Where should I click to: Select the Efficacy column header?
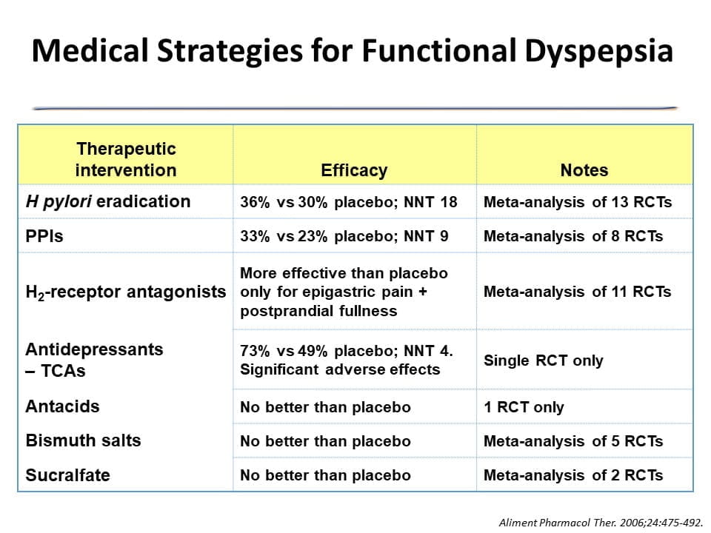[x=354, y=170]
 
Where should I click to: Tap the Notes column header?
[x=584, y=170]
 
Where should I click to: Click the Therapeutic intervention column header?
[x=126, y=159]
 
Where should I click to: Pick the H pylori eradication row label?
[x=108, y=201]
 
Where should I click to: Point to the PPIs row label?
[x=44, y=236]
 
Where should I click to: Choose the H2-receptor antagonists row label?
[x=126, y=292]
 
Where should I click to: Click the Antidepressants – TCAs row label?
[x=94, y=359]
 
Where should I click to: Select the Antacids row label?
[x=62, y=406]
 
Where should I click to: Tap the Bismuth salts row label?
[x=83, y=440]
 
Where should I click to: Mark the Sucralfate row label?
[x=67, y=475]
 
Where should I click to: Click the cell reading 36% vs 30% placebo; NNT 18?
[x=349, y=202]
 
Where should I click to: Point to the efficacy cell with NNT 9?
[x=344, y=236]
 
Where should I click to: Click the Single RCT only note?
[x=543, y=361]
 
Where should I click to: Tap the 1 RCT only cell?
[x=524, y=407]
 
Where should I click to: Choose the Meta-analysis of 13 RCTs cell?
[x=577, y=202]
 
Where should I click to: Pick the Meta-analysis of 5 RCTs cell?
[x=573, y=441]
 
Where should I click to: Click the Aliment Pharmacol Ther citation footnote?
[x=601, y=522]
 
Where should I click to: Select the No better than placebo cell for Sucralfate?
[x=325, y=475]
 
